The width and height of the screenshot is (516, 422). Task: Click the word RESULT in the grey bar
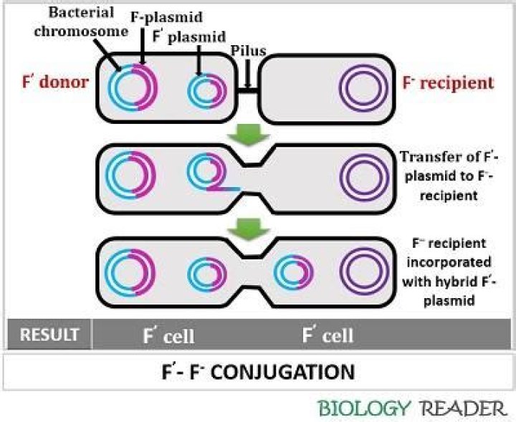pyautogui.click(x=48, y=335)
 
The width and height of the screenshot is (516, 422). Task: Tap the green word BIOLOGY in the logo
pyautogui.click(x=365, y=409)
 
